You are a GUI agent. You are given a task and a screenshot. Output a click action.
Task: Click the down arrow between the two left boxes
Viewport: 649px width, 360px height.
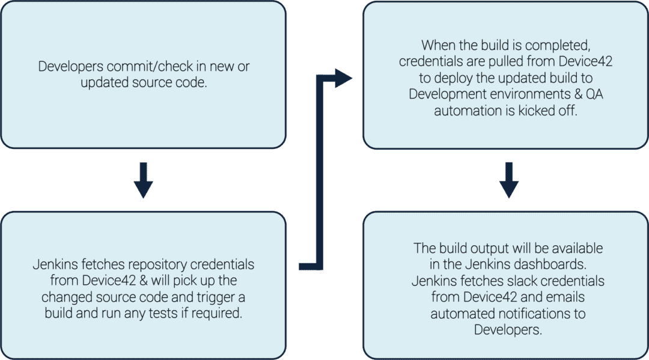coord(143,181)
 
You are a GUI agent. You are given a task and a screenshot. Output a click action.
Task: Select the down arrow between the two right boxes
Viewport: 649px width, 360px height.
coord(508,181)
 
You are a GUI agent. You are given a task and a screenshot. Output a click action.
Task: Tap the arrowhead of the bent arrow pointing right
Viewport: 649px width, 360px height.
coord(343,78)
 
